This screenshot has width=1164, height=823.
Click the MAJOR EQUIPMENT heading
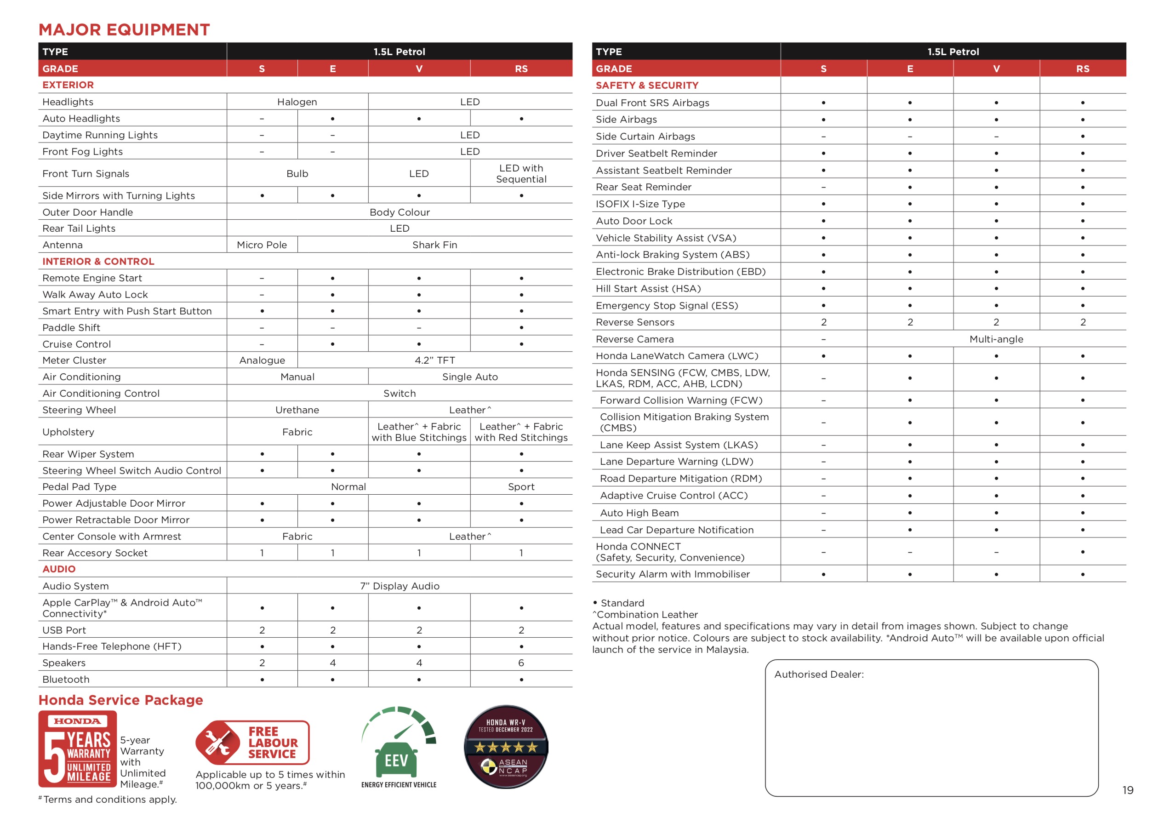[124, 29]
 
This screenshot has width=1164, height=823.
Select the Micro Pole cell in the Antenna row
[262, 245]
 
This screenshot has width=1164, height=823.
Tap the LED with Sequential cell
[521, 173]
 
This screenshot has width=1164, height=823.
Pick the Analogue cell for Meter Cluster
[262, 360]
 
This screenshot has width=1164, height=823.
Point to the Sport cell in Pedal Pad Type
[521, 487]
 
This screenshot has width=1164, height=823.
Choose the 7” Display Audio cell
[399, 586]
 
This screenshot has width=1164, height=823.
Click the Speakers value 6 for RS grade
[521, 663]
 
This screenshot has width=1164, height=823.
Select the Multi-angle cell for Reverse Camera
[996, 339]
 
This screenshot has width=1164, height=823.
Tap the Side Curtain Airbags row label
[645, 137]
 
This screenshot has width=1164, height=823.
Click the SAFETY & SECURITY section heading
[647, 85]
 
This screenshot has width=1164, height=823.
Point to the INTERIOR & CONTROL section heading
[98, 261]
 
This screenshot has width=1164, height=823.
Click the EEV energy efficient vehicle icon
[399, 746]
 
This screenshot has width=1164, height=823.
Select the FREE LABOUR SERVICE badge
[252, 743]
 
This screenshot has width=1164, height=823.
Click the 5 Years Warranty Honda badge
[78, 749]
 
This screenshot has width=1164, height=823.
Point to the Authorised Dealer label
[818, 674]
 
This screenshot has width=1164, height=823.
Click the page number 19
[1128, 790]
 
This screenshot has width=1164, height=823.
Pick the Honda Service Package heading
[120, 700]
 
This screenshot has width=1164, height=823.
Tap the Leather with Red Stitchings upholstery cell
[521, 432]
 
